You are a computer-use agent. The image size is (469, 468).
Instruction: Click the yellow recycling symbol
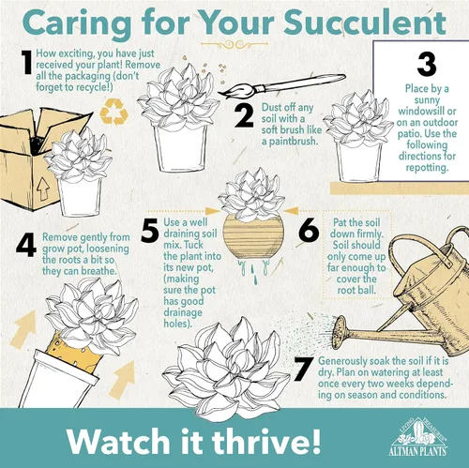coord(113,112)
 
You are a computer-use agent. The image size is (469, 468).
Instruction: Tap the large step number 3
coord(427,64)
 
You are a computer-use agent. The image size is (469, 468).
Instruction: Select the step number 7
coord(303,370)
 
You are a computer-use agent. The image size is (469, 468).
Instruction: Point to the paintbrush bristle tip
coord(219,93)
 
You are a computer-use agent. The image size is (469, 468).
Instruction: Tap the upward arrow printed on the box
coord(43,189)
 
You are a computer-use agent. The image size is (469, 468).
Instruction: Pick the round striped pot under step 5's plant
coord(253,236)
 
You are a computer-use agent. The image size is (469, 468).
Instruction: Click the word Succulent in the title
coord(365,23)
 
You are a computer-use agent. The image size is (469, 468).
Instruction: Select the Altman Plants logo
coord(418,436)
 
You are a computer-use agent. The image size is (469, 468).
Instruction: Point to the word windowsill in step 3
coord(427,111)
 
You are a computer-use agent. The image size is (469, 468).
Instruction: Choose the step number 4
coord(26,246)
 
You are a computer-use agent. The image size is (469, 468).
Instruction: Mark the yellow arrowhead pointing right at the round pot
coord(213,211)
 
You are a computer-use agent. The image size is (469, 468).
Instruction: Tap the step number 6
coord(309,230)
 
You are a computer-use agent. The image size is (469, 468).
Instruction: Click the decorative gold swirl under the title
coord(234,45)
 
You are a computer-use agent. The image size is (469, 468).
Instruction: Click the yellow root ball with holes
coord(74,351)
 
